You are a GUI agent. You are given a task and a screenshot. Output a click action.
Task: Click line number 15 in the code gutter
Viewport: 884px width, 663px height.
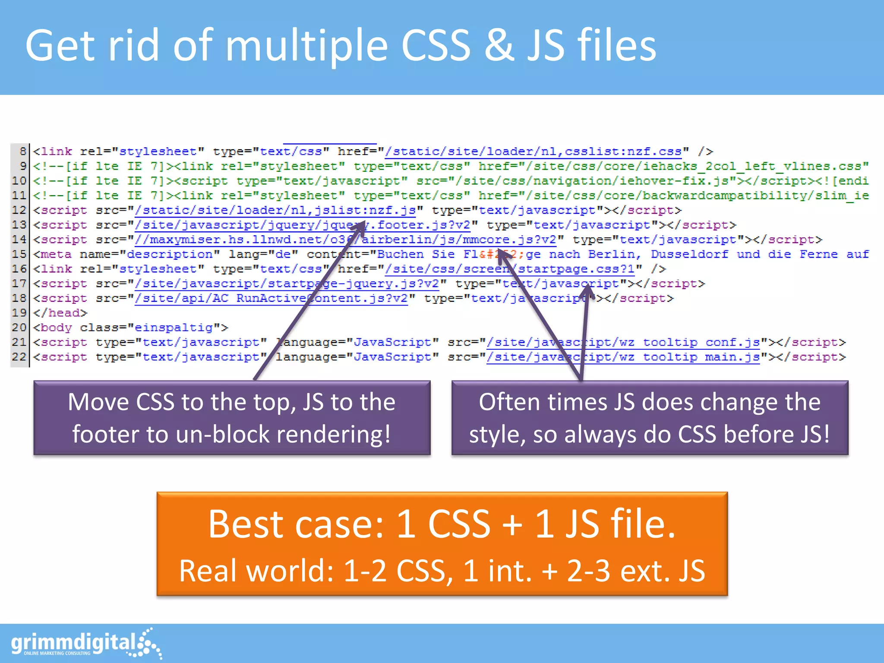(19, 254)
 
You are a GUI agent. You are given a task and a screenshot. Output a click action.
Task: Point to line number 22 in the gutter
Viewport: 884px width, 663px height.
(19, 357)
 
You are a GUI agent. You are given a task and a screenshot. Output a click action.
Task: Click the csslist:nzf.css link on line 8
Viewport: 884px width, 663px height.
(533, 152)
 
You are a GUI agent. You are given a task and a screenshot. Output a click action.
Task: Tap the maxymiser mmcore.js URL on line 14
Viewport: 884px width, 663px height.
(345, 240)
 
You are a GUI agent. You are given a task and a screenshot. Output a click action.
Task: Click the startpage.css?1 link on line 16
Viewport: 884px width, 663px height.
(509, 269)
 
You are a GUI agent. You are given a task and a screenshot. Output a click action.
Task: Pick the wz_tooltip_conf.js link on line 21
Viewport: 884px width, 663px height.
(623, 342)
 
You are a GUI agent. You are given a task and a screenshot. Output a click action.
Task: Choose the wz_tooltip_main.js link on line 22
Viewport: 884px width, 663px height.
(623, 357)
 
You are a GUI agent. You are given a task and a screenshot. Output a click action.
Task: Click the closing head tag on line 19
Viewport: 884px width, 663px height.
(60, 313)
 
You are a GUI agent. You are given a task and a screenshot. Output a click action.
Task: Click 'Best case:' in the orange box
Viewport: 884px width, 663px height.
(296, 524)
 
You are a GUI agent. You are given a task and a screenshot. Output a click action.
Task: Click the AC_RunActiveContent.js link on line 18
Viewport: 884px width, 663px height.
(271, 298)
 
